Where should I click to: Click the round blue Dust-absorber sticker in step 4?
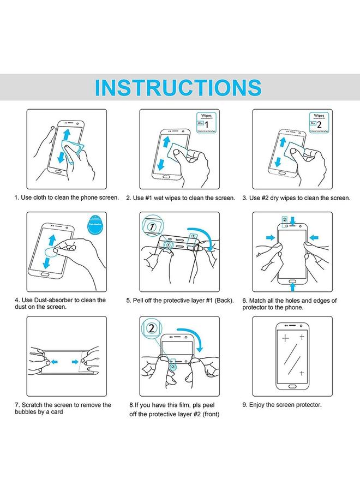(x=95, y=224)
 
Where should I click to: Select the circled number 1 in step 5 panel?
(x=151, y=225)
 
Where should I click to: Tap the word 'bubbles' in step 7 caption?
(x=26, y=412)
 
